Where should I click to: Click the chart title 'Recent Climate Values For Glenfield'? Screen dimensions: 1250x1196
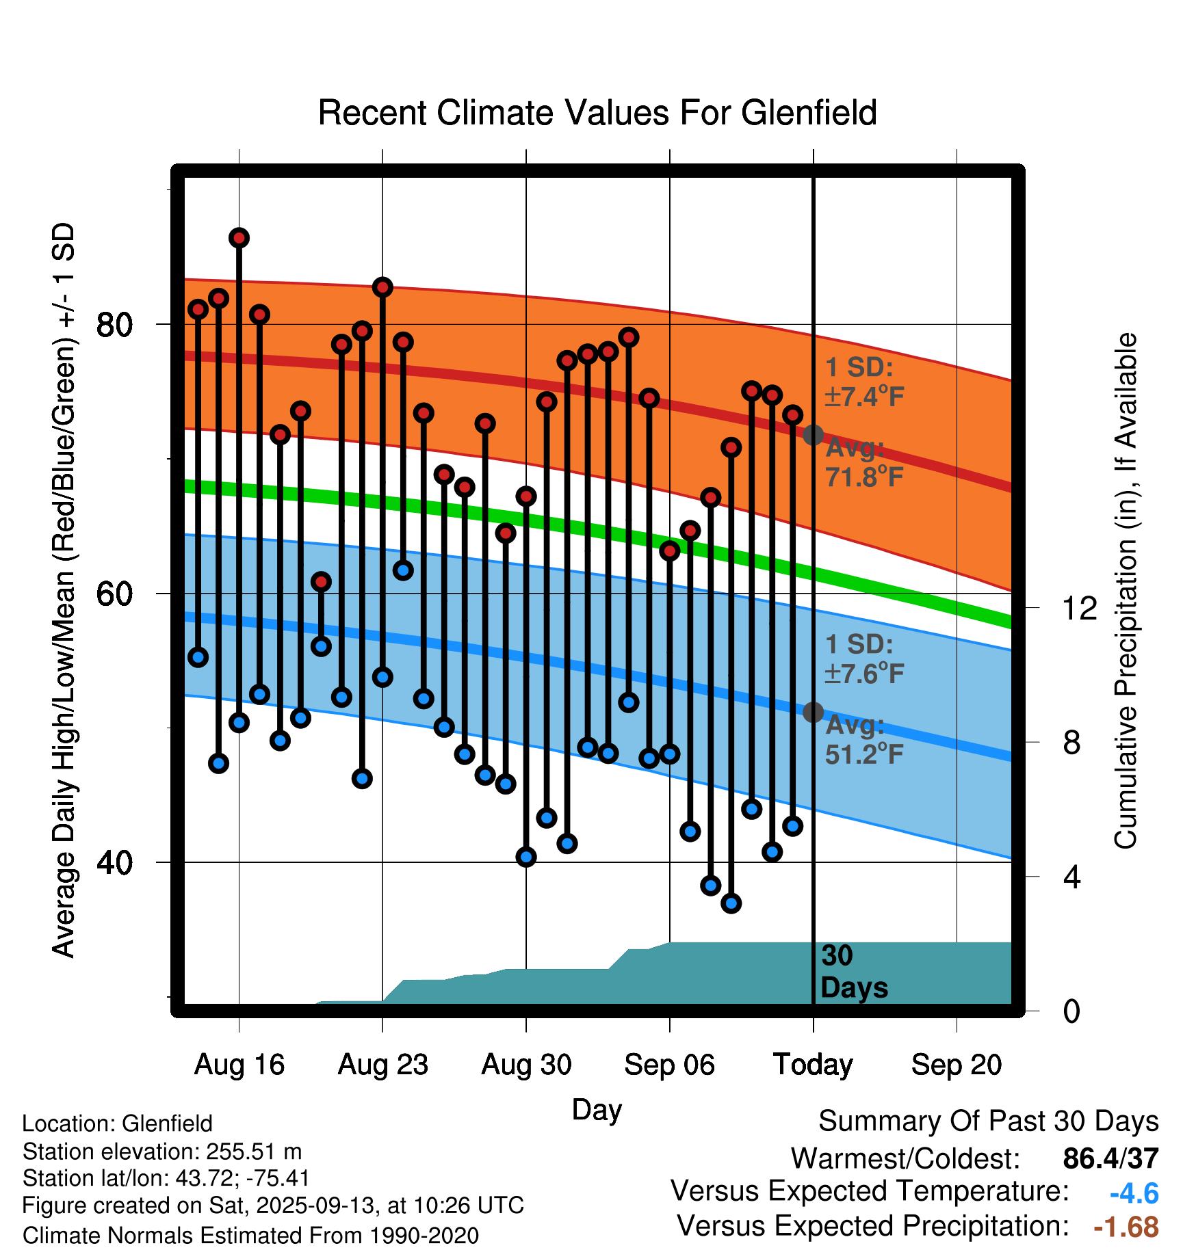coord(597,113)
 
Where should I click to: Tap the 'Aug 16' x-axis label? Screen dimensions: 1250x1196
coord(239,1065)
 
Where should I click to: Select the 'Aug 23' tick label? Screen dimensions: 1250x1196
coord(382,1065)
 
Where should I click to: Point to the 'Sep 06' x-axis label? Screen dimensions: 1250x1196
coord(669,1065)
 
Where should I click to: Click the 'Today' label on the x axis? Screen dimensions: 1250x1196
coord(813,1065)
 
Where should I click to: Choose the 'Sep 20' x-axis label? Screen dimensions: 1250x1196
coord(956,1065)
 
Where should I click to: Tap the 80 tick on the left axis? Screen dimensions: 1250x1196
coord(114,324)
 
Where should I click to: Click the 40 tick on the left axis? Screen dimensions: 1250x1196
coord(114,862)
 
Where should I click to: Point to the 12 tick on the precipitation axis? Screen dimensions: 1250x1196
coord(1079,608)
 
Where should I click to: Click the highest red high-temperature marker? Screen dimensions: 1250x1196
coord(239,238)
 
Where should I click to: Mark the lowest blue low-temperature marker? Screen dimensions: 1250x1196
coord(731,903)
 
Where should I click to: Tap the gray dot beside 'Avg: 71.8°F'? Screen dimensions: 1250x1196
coord(813,434)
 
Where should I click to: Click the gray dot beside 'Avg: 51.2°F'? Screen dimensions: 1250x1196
coord(813,712)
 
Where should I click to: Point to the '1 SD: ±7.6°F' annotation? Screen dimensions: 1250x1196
coord(864,659)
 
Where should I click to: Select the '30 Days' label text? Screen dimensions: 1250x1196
coord(853,972)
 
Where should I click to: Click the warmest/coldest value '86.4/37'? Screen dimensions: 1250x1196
coord(1110,1158)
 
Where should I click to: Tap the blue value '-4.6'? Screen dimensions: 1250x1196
coord(1134,1193)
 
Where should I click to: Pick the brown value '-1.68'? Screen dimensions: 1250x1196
coord(1126,1227)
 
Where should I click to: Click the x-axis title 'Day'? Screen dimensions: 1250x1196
coord(597,1109)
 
